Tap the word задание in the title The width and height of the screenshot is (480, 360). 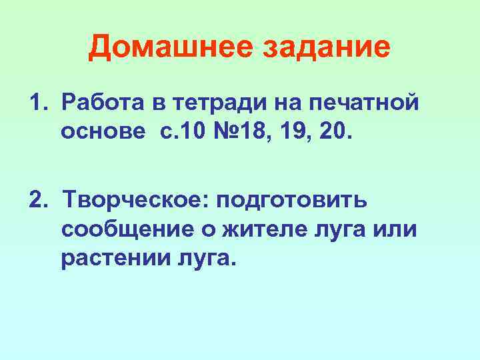click(327, 48)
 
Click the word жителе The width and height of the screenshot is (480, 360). click(254, 229)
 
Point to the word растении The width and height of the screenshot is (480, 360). click(113, 257)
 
